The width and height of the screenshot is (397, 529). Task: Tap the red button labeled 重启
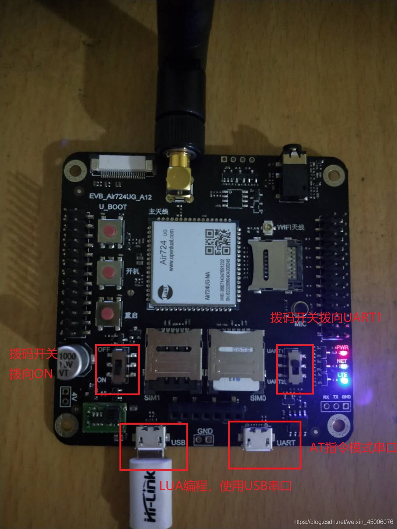click(108, 314)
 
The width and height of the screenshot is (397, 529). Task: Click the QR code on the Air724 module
click(218, 242)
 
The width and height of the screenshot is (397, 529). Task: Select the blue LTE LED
click(344, 380)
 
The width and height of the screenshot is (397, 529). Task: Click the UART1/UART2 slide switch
click(294, 366)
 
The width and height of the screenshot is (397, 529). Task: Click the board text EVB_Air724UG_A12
click(120, 197)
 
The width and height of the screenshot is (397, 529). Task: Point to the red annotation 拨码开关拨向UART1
click(326, 318)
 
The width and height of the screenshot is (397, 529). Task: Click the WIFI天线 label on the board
click(290, 227)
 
